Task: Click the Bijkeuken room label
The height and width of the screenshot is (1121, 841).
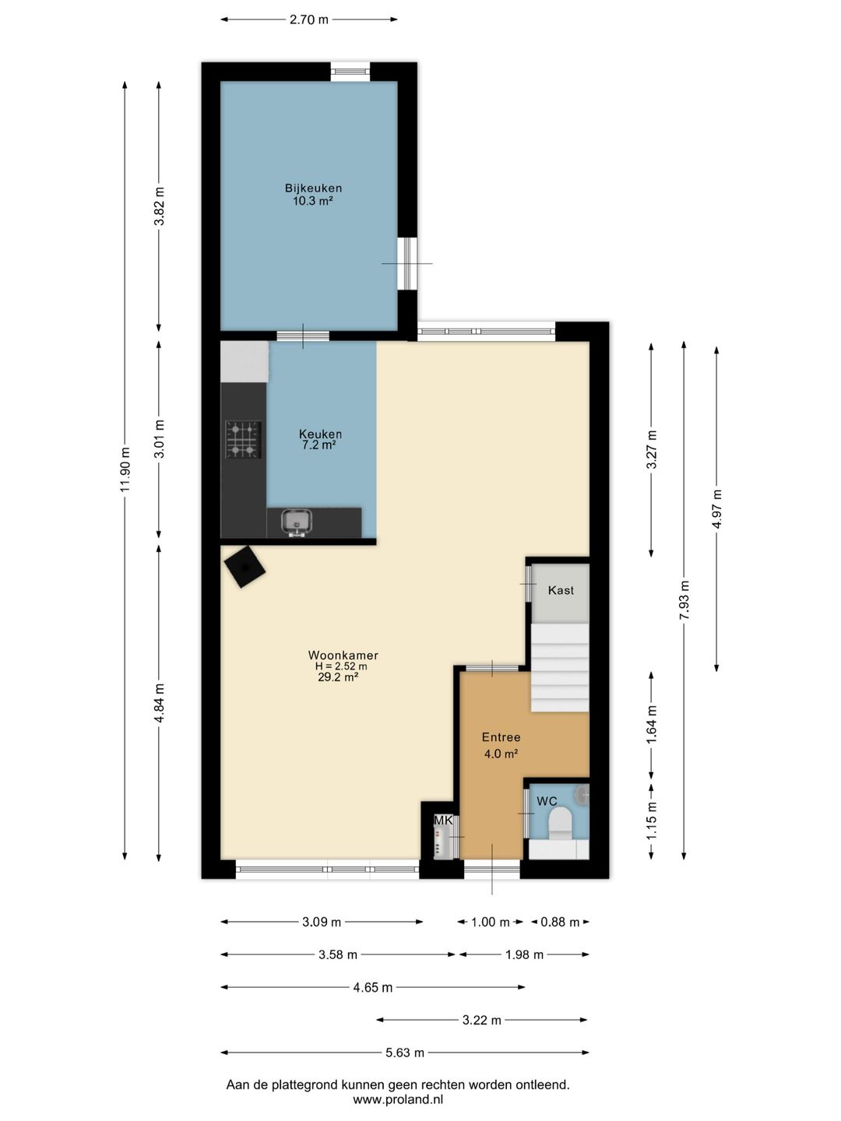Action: tap(313, 188)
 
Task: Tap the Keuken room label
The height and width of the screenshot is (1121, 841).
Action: tap(320, 434)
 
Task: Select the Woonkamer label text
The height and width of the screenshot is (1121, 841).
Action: tap(343, 655)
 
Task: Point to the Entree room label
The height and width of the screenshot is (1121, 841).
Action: tap(501, 737)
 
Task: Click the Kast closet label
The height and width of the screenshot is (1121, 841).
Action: tap(561, 590)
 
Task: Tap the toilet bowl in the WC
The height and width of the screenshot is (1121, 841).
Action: tap(560, 823)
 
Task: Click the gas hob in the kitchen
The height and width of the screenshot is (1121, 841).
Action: tap(244, 439)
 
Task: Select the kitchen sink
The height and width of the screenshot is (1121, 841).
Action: tap(297, 522)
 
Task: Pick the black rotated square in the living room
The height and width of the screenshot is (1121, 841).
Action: tap(245, 567)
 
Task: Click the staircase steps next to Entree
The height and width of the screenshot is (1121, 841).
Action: tap(560, 667)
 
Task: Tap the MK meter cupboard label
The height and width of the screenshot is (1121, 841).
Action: tap(443, 821)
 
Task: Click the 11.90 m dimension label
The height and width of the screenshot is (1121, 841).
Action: tap(125, 469)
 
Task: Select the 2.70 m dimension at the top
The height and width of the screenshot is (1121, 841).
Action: tap(309, 20)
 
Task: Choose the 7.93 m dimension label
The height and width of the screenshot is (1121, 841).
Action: tap(684, 600)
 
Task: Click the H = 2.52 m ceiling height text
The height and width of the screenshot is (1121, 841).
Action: tap(340, 666)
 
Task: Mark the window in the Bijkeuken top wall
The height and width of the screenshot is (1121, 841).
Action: tap(350, 72)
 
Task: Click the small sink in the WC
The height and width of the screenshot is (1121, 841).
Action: tap(582, 793)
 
